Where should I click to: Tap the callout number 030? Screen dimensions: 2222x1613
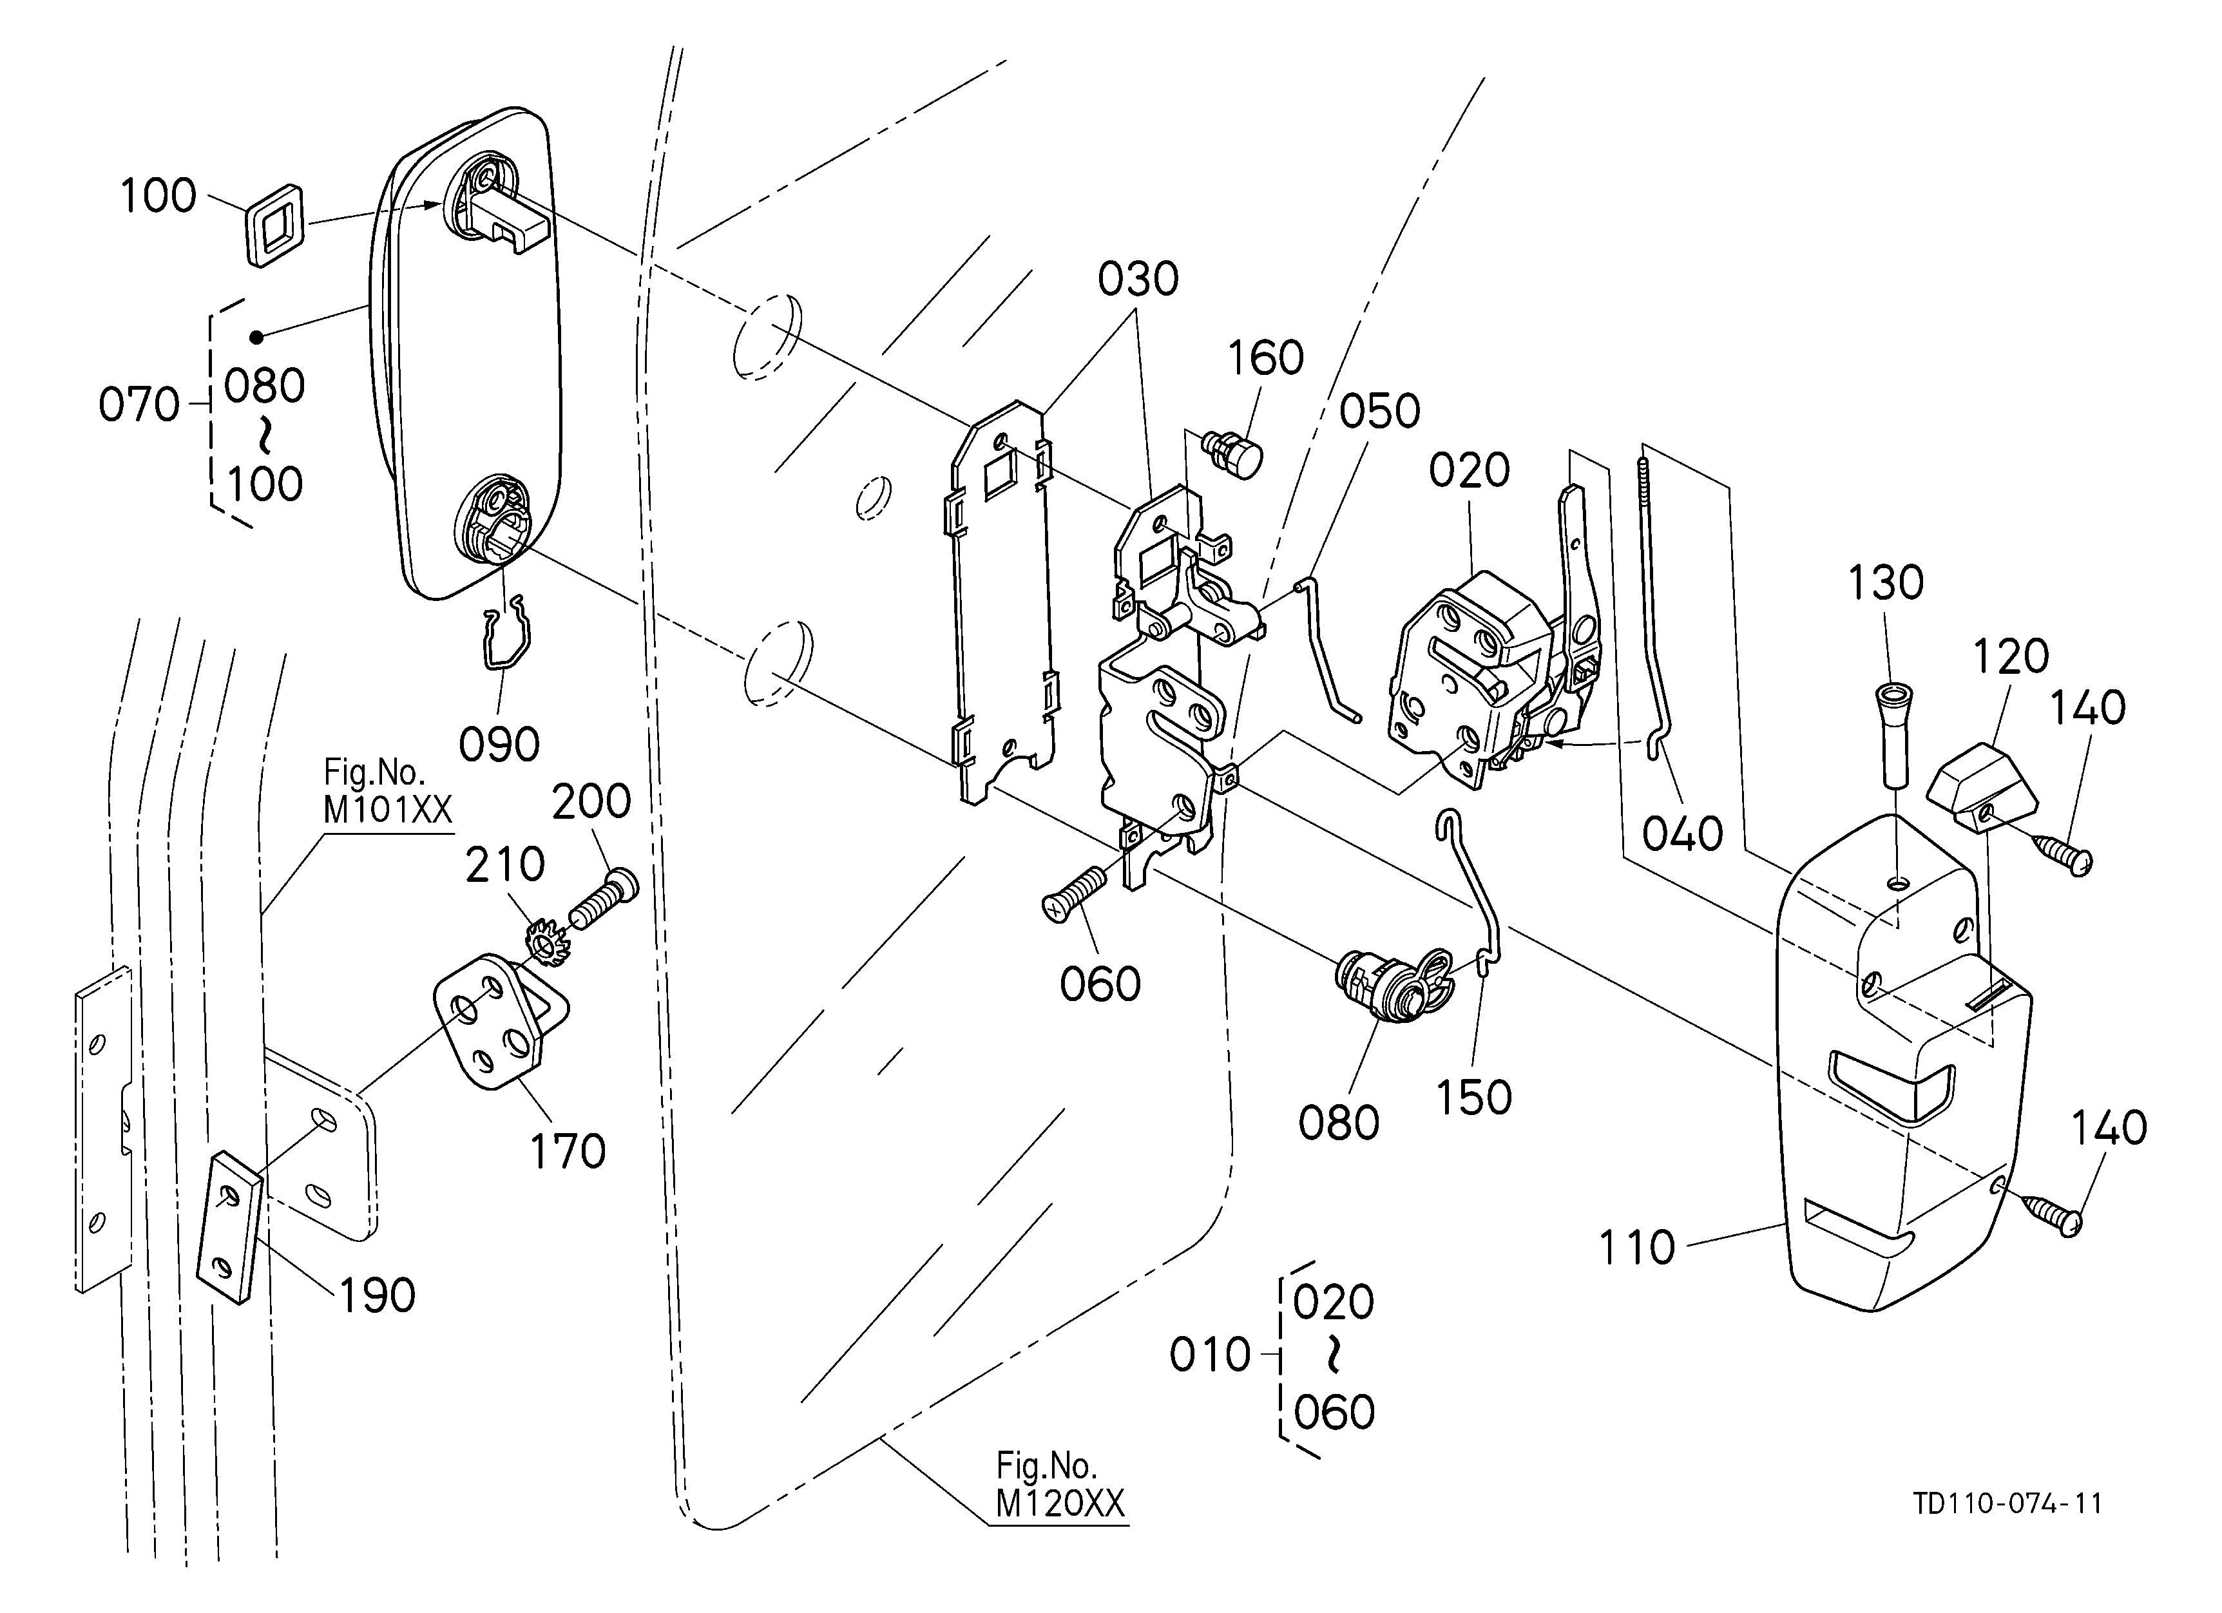pos(1138,279)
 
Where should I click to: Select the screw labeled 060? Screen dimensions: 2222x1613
pos(1075,893)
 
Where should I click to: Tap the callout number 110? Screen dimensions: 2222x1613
pos(1636,1248)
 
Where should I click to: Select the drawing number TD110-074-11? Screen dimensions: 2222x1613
pos(2007,1503)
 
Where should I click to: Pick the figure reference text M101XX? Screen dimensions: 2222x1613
pos(388,810)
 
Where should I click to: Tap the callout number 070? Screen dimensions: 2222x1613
pos(139,405)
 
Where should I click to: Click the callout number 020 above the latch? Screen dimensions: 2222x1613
pos(1469,471)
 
